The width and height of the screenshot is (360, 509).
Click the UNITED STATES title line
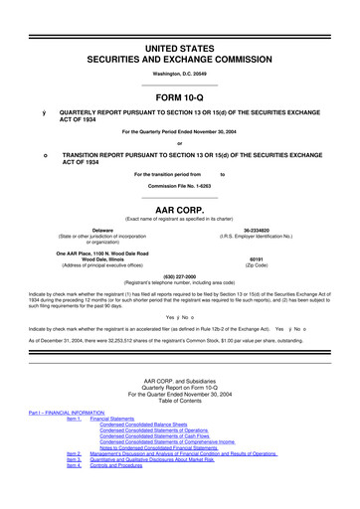pyautogui.click(x=180, y=21)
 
